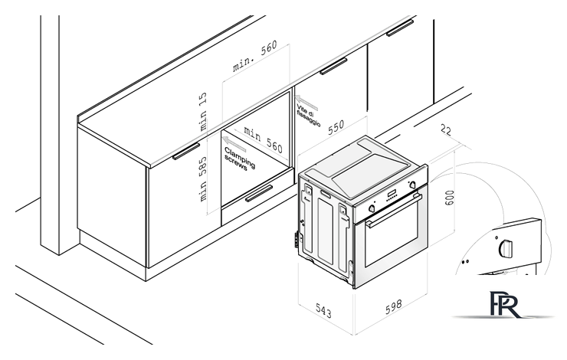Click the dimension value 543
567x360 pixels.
pos(323,310)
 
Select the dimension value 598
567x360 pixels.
pos(393,306)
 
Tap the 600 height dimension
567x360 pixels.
pos(449,198)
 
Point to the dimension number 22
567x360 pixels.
pos(446,130)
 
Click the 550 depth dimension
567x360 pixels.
pos(336,127)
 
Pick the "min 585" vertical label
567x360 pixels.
pos(203,179)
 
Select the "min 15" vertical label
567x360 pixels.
pos(203,111)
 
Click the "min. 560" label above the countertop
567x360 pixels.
pos(255,56)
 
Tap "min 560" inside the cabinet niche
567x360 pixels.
pos(263,139)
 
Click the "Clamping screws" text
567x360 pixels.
pos(239,159)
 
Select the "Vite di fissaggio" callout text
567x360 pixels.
pos(309,116)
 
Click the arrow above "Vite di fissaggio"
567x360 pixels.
pos(306,103)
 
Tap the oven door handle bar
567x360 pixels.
pos(394,211)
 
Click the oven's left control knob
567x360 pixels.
pos(372,208)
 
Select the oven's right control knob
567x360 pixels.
pos(412,185)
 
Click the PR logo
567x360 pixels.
pos(506,304)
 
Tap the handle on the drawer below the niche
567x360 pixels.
pos(259,193)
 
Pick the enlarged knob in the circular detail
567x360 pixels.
pos(506,248)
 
